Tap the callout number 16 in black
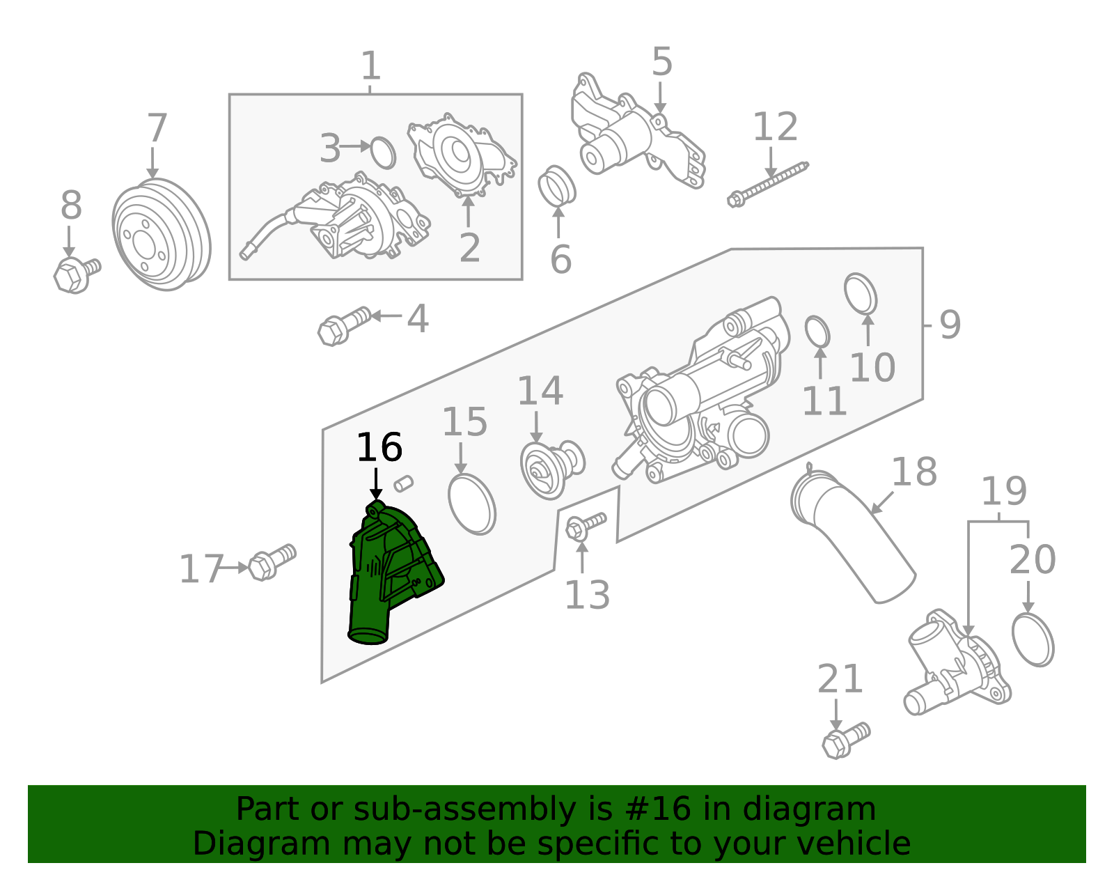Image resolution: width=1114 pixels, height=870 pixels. coord(379,448)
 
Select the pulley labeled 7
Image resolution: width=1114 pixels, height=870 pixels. coord(161,234)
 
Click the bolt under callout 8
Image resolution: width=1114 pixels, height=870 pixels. coord(75,273)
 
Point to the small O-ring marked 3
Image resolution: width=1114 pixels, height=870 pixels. coord(382,153)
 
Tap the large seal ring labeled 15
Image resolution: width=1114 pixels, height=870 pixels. coord(472,504)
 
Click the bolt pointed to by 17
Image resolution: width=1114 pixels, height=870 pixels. coord(271,561)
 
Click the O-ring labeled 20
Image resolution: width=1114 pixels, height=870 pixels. coord(1033,639)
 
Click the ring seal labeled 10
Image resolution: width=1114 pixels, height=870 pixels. coord(861,293)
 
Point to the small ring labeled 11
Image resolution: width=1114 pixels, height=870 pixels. coord(817,332)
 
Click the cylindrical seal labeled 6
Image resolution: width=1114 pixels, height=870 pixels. coord(556,186)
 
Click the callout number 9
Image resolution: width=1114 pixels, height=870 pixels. coord(950,325)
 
